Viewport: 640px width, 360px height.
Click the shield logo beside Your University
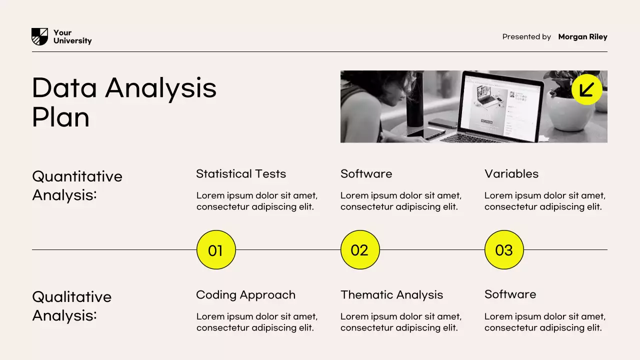(x=39, y=36)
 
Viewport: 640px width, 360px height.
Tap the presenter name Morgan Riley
(x=582, y=37)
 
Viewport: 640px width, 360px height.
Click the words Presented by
(x=526, y=37)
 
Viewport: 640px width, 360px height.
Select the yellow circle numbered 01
(x=215, y=250)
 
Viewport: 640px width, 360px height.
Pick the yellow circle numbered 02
(x=359, y=250)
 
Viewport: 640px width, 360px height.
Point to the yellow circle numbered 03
(x=503, y=250)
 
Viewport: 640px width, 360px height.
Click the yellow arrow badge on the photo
(x=586, y=89)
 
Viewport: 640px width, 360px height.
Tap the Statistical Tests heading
(x=241, y=174)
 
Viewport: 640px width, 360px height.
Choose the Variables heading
(x=511, y=174)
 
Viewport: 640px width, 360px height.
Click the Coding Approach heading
(x=245, y=295)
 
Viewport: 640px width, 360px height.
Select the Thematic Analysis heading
(x=391, y=295)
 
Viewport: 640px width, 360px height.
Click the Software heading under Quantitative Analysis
(x=366, y=174)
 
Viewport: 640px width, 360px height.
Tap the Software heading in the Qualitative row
(x=510, y=294)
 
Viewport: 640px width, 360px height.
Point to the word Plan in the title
(x=60, y=118)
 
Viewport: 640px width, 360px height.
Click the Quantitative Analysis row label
(x=77, y=185)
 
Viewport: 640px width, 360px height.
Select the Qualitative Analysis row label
(x=71, y=306)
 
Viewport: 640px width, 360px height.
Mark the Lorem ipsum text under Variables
(x=544, y=201)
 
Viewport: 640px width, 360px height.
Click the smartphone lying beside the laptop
(x=442, y=123)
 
